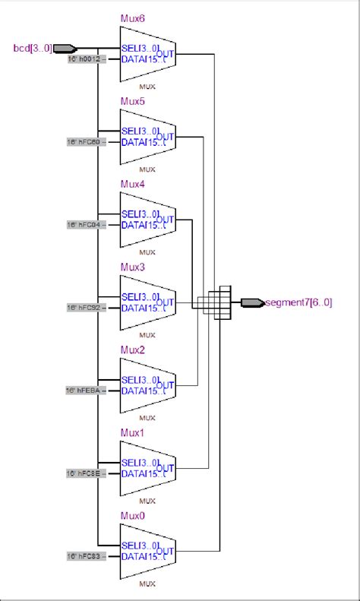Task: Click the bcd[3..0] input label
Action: click(x=33, y=49)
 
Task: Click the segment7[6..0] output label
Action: click(x=299, y=302)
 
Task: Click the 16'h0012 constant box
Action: click(x=84, y=59)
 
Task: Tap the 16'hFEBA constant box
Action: click(x=84, y=391)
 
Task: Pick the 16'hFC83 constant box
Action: click(x=84, y=556)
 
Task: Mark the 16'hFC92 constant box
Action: click(x=84, y=308)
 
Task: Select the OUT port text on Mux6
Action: click(x=166, y=54)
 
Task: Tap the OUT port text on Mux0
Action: click(x=166, y=551)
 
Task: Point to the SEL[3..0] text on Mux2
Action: click(x=140, y=379)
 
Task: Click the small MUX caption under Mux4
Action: click(x=147, y=252)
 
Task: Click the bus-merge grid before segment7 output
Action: click(x=221, y=302)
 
